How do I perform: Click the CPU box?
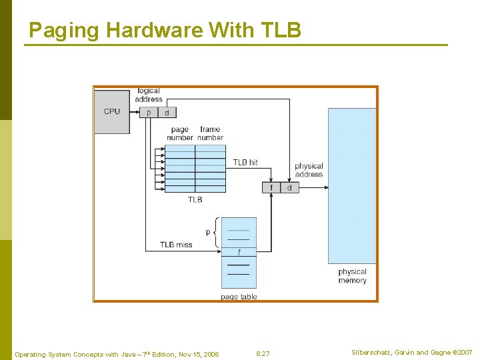(112, 111)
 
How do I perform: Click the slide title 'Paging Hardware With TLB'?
(165, 30)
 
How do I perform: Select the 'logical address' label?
(149, 95)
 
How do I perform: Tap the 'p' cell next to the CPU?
(149, 113)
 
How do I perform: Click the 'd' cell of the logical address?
(166, 113)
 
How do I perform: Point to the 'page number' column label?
(180, 133)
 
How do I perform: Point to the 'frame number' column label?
(210, 133)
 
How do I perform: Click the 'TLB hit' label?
(245, 162)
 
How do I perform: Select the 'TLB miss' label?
(176, 245)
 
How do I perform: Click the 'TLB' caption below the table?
(195, 199)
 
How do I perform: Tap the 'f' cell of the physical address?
(271, 188)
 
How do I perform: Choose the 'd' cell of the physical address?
(289, 188)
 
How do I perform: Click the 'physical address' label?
(309, 170)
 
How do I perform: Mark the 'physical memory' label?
(352, 276)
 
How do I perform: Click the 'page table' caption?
(239, 297)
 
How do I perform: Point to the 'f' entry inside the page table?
(239, 252)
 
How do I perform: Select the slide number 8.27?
(263, 353)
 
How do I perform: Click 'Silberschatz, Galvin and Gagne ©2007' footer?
(411, 352)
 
